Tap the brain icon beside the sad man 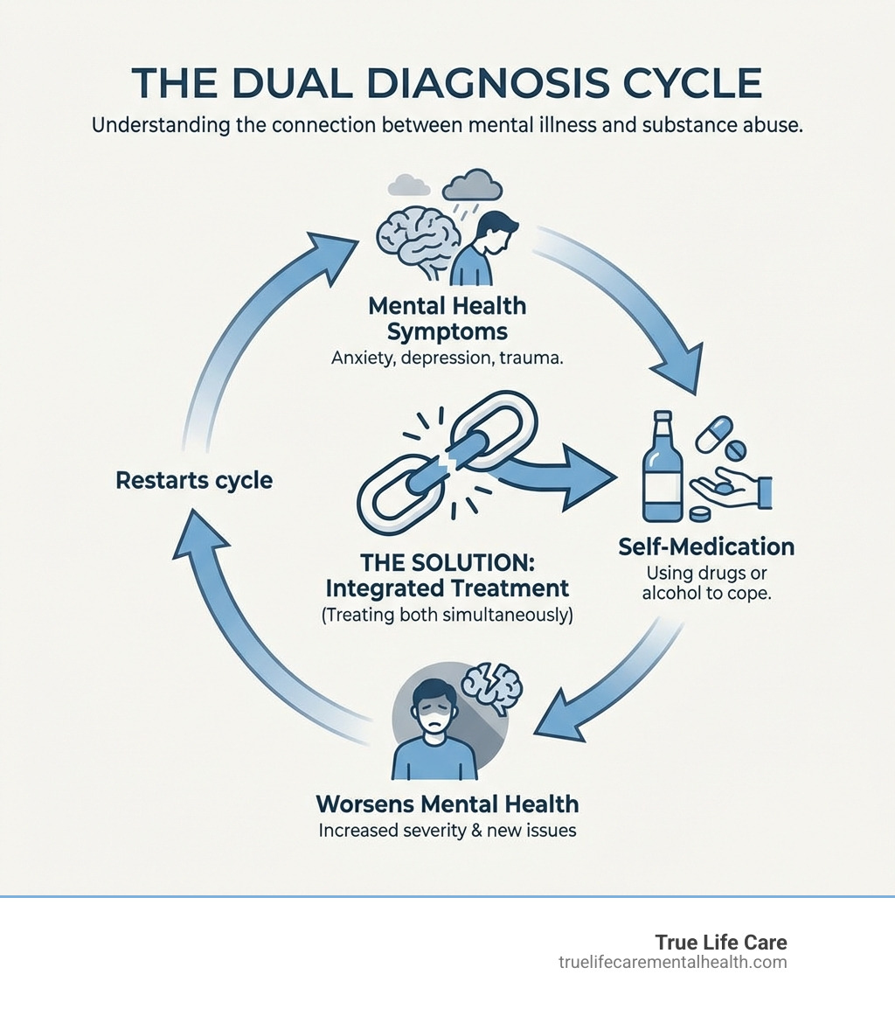click(x=416, y=236)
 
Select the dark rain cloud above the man click(x=473, y=186)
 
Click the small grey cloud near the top click(x=407, y=184)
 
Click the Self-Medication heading click(x=706, y=547)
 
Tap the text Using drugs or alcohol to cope click(x=706, y=585)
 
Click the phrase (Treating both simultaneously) click(x=447, y=615)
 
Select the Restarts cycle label click(x=194, y=480)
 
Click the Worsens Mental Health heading click(x=447, y=803)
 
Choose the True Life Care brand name click(x=720, y=943)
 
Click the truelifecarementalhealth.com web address click(x=672, y=963)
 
